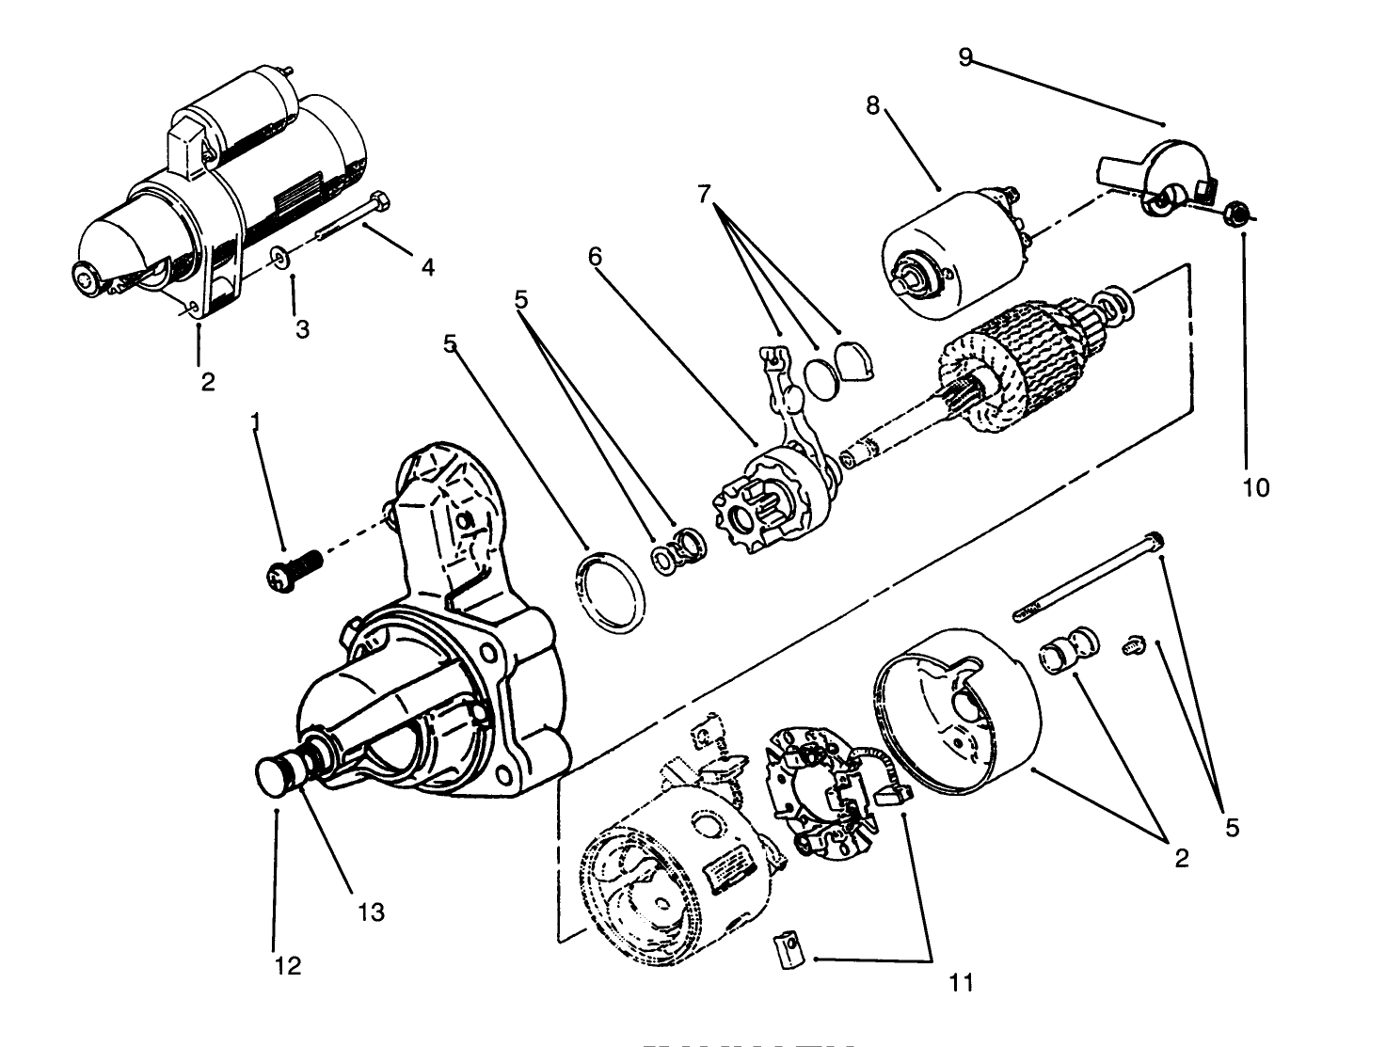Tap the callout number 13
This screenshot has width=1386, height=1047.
coord(372,912)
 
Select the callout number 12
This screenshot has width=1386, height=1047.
coord(289,965)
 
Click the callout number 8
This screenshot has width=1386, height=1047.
coord(873,105)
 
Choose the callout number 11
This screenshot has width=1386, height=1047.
coord(961,983)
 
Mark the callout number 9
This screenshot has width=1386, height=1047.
coord(965,56)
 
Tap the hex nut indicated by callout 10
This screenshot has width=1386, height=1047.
coord(1239,214)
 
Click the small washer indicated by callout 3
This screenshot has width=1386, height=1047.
coord(279,256)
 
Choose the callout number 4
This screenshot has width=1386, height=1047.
coord(427,267)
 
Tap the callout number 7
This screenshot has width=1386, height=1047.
coord(705,194)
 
